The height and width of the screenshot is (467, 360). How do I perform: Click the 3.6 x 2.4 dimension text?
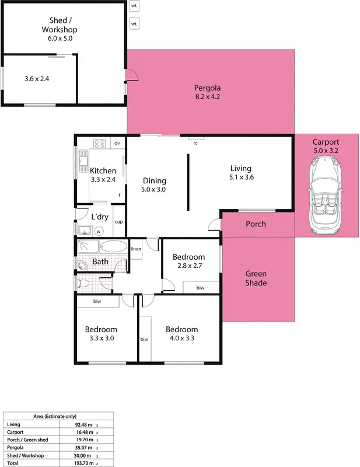(37, 78)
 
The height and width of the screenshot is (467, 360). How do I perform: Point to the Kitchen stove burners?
(99, 143)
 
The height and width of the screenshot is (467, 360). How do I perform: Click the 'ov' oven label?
(117, 143)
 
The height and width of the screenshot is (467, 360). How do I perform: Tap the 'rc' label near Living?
(195, 142)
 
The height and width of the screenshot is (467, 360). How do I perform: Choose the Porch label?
(256, 224)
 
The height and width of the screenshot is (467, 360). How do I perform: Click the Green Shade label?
(256, 278)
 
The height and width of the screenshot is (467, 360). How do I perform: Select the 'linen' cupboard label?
(136, 249)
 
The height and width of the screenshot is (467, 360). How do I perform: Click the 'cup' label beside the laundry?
(118, 222)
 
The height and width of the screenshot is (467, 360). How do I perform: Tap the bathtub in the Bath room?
(109, 247)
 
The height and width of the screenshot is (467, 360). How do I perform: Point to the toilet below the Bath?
(83, 284)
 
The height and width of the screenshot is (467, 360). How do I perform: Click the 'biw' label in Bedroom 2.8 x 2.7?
(200, 287)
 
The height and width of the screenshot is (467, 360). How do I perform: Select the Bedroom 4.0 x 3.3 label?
(181, 333)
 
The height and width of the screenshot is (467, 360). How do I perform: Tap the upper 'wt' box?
(134, 6)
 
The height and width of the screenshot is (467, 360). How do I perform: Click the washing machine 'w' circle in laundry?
(98, 231)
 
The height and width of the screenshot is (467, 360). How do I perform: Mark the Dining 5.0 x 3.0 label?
(154, 185)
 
